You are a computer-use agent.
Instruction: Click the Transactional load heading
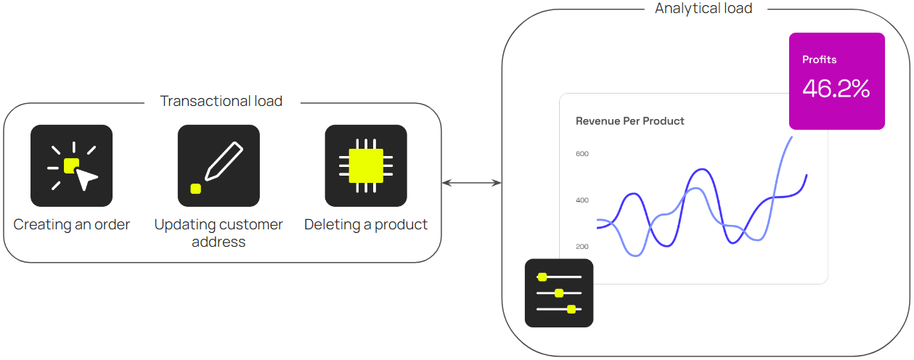221,101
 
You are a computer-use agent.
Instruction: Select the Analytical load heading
703,9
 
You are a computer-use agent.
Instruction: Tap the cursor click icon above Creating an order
71,165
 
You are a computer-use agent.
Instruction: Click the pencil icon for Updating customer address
219,165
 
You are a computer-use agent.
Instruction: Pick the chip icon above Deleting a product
366,165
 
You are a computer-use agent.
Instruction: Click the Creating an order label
72,224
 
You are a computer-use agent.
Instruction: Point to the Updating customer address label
219,233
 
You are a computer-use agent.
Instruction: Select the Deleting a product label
366,224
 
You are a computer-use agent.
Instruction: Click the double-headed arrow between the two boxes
472,183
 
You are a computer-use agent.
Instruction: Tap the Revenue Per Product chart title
630,121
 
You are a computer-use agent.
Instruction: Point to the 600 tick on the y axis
582,154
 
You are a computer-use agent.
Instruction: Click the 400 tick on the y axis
582,200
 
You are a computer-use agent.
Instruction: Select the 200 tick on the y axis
582,247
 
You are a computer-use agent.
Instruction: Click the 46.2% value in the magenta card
836,89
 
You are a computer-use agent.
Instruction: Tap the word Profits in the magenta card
820,60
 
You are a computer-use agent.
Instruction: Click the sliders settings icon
559,293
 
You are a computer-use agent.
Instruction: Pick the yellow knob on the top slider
542,277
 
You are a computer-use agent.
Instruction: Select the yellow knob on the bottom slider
571,309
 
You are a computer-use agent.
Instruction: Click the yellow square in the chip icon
366,165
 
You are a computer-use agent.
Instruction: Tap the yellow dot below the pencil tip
195,189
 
